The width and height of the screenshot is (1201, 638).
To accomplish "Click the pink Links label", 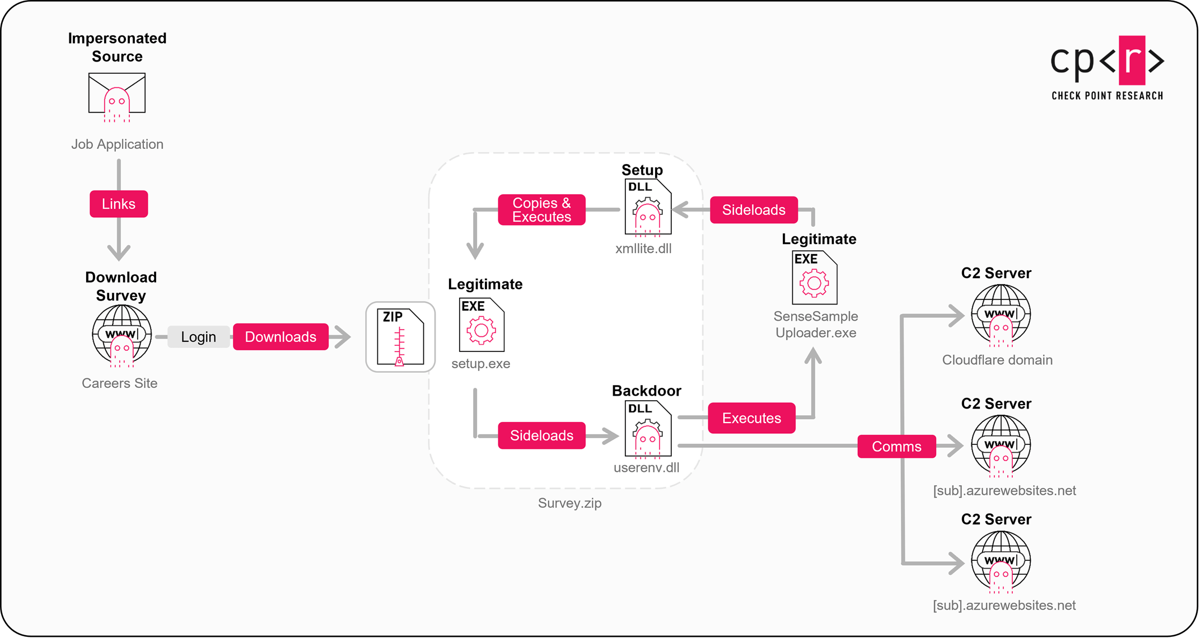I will (119, 204).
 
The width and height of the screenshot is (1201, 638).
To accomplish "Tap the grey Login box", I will (198, 337).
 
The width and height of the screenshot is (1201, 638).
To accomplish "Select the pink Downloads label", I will (281, 337).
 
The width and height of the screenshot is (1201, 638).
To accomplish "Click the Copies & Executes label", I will (541, 210).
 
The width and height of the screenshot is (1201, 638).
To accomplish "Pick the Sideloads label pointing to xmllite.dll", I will (754, 210).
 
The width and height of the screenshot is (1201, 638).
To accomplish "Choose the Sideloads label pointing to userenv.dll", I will (541, 435).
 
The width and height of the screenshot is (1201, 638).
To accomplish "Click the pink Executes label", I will (751, 418).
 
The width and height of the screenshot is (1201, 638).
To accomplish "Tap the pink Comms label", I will (896, 447).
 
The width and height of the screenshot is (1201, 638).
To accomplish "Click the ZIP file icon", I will (400, 337).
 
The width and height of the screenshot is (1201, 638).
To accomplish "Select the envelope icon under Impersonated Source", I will (117, 95).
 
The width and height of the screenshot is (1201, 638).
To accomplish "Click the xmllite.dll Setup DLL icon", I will (648, 207).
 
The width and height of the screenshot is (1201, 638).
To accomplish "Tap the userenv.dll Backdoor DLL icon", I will (648, 429).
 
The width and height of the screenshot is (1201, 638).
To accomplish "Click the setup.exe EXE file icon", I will (482, 325).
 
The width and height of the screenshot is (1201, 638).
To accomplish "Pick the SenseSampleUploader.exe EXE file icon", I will (814, 278).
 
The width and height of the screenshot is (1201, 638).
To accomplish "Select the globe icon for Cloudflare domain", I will (1001, 315).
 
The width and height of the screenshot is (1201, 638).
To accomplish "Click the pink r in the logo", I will (1132, 59).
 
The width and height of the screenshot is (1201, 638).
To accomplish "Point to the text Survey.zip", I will (569, 503).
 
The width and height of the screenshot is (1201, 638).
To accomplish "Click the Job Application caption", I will (117, 144).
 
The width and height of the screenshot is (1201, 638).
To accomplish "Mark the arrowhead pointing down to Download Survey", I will (119, 252).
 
